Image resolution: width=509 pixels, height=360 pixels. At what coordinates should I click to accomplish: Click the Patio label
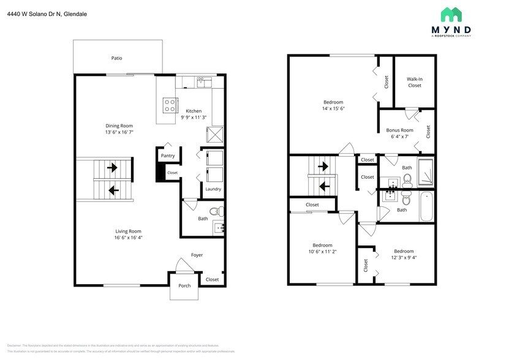(x=116, y=58)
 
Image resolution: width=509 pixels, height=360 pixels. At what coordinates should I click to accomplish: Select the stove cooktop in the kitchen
(x=168, y=105)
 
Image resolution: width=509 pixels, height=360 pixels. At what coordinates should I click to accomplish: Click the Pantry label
(x=168, y=156)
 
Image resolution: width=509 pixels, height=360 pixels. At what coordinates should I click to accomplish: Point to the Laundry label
(x=213, y=189)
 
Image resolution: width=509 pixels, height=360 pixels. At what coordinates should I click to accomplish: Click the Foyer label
(x=197, y=255)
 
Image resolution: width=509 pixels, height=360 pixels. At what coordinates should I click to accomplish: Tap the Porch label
(x=184, y=286)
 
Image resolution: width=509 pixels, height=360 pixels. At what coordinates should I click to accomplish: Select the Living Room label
(x=128, y=231)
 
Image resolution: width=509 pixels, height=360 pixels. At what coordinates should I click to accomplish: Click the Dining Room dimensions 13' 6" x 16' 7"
(x=119, y=132)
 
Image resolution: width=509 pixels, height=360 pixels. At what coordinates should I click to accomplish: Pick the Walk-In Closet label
(x=415, y=82)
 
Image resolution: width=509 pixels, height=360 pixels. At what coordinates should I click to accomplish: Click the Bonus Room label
(x=399, y=130)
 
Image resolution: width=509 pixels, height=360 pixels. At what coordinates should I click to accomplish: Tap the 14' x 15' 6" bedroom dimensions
(x=333, y=109)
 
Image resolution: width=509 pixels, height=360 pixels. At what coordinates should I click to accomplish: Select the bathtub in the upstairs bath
(x=428, y=207)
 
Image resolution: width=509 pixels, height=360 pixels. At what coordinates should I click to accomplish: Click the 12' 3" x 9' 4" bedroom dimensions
(x=404, y=258)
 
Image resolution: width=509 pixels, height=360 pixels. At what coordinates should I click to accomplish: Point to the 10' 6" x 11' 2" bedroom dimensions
(x=322, y=252)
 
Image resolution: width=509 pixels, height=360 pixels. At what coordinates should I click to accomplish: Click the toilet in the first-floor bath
(x=216, y=212)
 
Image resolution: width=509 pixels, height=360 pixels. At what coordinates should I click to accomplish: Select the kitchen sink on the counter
(x=203, y=81)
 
